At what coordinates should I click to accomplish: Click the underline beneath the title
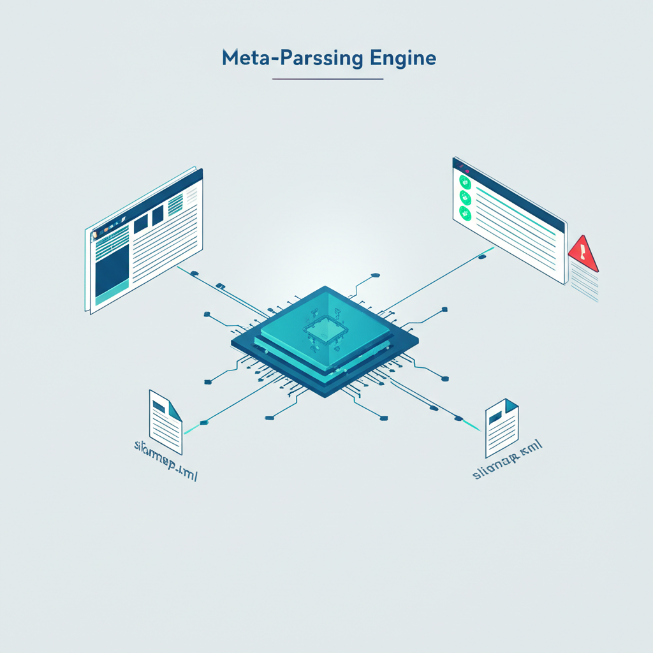[x=327, y=79]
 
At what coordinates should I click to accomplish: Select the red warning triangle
[x=582, y=253]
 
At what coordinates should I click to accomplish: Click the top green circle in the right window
[x=464, y=181]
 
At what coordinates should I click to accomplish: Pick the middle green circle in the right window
[x=465, y=197]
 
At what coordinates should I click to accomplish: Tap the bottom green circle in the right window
[x=466, y=214]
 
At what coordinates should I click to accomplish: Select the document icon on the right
[x=502, y=428]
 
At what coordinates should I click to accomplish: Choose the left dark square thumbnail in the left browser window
[x=140, y=221]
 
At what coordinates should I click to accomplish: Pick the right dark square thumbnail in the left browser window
[x=158, y=215]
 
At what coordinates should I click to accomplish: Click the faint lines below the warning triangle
[x=585, y=284]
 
